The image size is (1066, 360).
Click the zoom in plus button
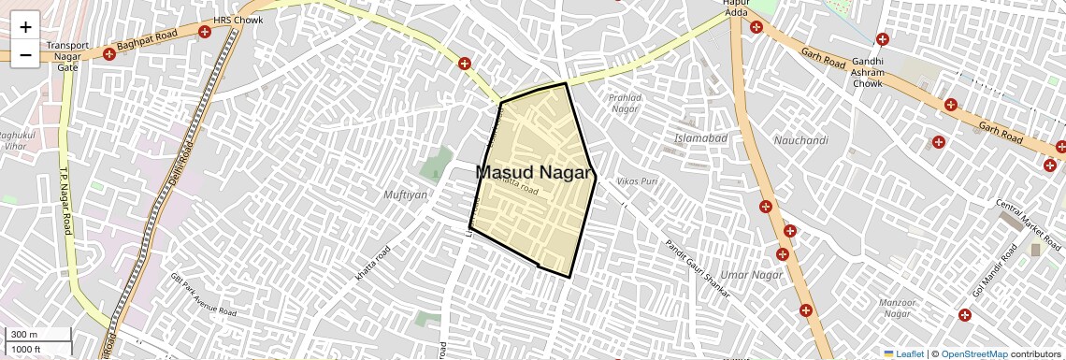pyautogui.click(x=25, y=27)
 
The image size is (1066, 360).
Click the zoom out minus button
pyautogui.click(x=25, y=55)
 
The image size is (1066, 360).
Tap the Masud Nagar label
pyautogui.click(x=535, y=173)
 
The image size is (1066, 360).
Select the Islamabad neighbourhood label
pyautogui.click(x=700, y=138)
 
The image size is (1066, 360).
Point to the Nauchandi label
pyautogui.click(x=801, y=140)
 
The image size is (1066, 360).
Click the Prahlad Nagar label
pyautogui.click(x=625, y=103)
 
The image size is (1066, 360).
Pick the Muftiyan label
pyautogui.click(x=405, y=194)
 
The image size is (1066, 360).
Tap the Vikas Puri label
pyautogui.click(x=638, y=181)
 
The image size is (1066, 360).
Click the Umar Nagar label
pyautogui.click(x=752, y=274)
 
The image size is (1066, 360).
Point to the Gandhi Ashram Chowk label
pyautogui.click(x=867, y=72)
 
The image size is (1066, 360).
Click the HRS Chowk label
pyautogui.click(x=238, y=19)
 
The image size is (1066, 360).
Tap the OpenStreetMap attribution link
pyautogui.click(x=973, y=354)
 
